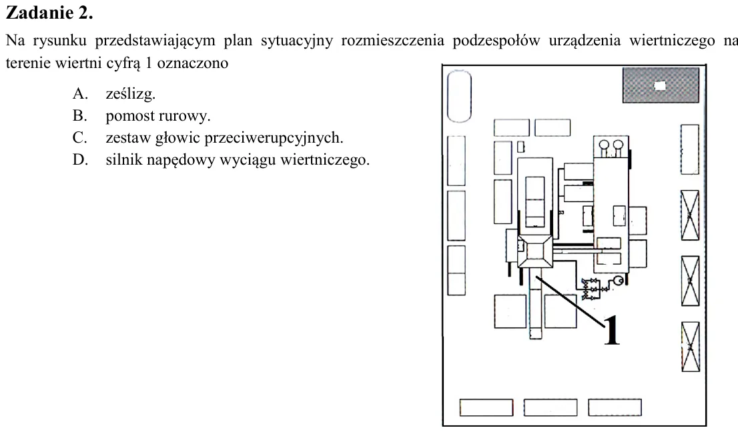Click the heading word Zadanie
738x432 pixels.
pos(39,13)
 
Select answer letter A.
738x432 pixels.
pos(79,93)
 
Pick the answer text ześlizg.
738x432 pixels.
pos(130,94)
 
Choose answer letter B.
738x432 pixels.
pos(79,115)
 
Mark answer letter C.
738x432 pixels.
pos(79,138)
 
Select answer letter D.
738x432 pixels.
pos(79,160)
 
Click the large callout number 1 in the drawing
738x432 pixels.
pos(611,329)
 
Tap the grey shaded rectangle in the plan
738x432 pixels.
pos(661,85)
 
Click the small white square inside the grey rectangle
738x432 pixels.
pos(660,85)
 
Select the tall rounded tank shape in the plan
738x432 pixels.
pos(459,97)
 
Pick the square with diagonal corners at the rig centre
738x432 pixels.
pos(535,251)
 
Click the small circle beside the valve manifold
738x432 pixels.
pos(617,281)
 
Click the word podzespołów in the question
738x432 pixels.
pos(496,41)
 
